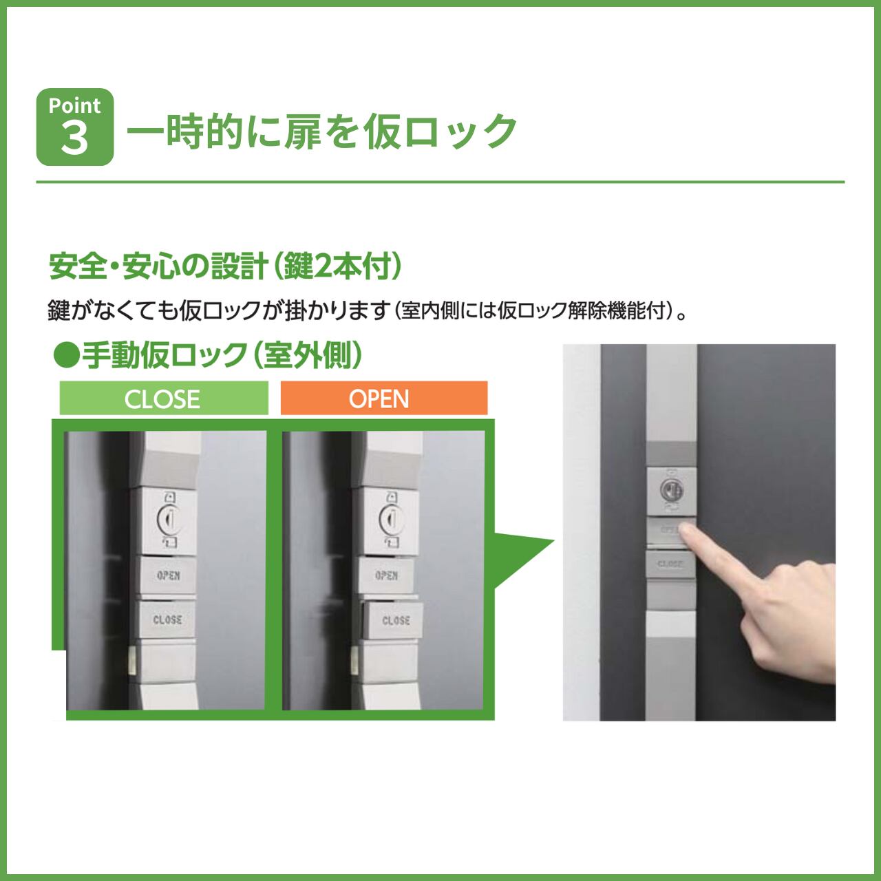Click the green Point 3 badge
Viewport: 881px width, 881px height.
click(75, 127)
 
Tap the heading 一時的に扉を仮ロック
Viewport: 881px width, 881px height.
click(322, 131)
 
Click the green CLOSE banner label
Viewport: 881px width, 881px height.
click(163, 399)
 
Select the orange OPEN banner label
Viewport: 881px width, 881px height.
click(384, 399)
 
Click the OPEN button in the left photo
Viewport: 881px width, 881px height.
click(168, 575)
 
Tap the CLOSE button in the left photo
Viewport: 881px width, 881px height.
click(167, 619)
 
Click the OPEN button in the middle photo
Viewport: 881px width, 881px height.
click(386, 575)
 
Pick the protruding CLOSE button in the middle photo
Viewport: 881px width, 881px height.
click(393, 620)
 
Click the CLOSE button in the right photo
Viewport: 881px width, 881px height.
click(670, 564)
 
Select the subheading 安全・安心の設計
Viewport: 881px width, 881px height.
click(158, 266)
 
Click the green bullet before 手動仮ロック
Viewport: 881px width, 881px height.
click(66, 355)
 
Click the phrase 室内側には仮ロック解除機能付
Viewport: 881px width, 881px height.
click(533, 311)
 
